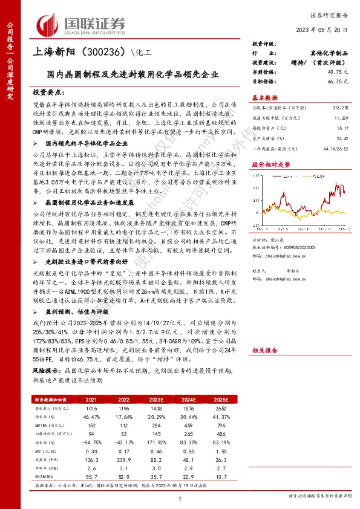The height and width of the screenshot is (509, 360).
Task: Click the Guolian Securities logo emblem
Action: [x=49, y=24]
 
